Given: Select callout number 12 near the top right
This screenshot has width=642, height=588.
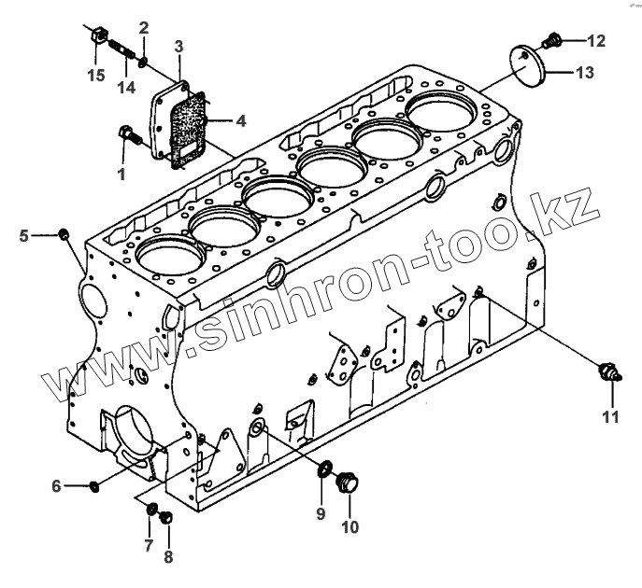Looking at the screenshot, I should point(596,40).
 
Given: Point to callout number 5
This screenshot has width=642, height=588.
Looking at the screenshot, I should point(24,235).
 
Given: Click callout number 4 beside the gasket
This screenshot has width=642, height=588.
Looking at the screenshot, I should point(241,120).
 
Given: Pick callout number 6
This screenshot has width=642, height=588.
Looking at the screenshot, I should point(56,485).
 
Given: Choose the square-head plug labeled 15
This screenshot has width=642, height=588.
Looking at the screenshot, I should point(96,36).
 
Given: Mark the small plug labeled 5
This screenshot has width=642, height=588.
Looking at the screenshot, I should point(64,233).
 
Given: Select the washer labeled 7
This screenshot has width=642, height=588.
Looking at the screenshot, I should point(150,509).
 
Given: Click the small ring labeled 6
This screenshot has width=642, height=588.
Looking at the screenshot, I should point(95,485).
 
